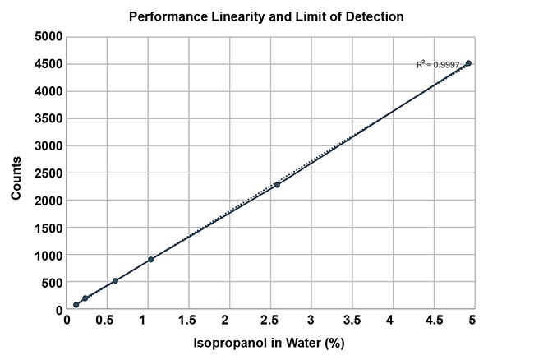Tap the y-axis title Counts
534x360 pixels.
pyautogui.click(x=16, y=173)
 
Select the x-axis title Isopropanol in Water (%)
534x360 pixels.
pyautogui.click(x=269, y=344)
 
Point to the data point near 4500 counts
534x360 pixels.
pyautogui.click(x=468, y=63)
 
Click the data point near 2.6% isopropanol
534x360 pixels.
pyautogui.click(x=277, y=185)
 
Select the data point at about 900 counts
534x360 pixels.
pyautogui.click(x=151, y=260)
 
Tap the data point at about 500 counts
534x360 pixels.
pyautogui.click(x=115, y=281)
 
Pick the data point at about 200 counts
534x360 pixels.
pyautogui.click(x=85, y=298)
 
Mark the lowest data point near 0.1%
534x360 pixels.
pyautogui.click(x=76, y=305)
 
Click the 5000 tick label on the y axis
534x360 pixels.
pyautogui.click(x=47, y=36)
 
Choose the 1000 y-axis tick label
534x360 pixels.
pyautogui.click(x=47, y=256)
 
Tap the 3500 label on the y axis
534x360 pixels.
pyautogui.click(x=47, y=118)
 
